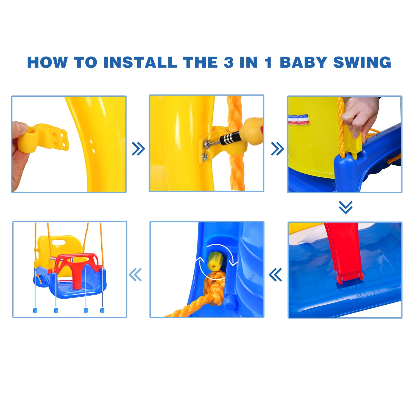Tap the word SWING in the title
pyautogui.click(x=362, y=62)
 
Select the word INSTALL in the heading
pyautogui.click(x=140, y=62)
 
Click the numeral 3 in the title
pyautogui.click(x=229, y=62)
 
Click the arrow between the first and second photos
pyautogui.click(x=138, y=149)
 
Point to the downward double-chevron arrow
pyautogui.click(x=345, y=207)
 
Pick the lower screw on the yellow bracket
pyautogui.click(x=205, y=157)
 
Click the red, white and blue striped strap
pyautogui.click(x=299, y=119)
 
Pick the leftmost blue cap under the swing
pyautogui.click(x=35, y=310)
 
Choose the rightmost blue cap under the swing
pyautogui.click(x=102, y=310)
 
